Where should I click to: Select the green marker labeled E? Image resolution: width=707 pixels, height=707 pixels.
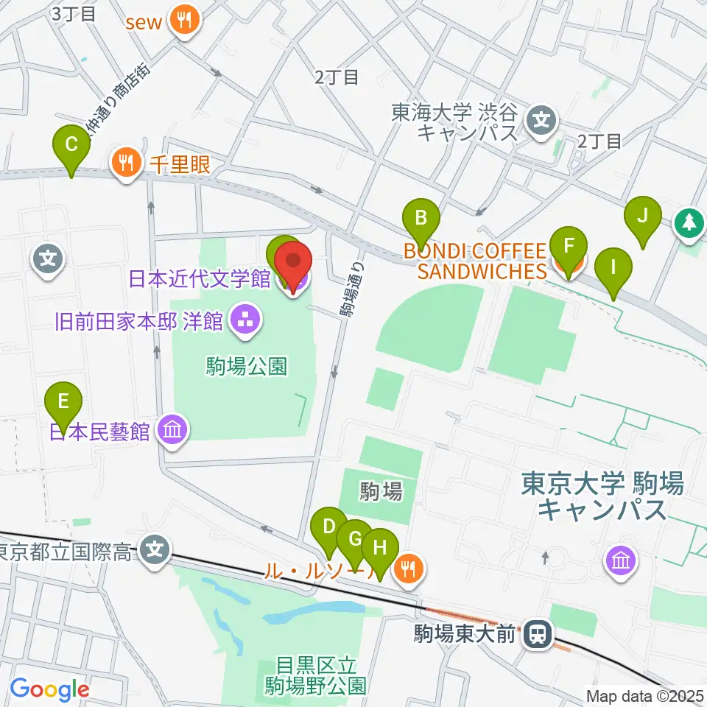63,402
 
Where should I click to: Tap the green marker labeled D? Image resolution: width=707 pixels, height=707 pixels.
328,527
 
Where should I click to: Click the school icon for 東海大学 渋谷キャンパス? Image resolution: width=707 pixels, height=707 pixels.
542,117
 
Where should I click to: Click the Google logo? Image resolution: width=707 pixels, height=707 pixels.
49,690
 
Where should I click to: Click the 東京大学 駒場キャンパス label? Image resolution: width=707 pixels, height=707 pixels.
602,496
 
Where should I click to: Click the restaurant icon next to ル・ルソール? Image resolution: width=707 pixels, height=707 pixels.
406,568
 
